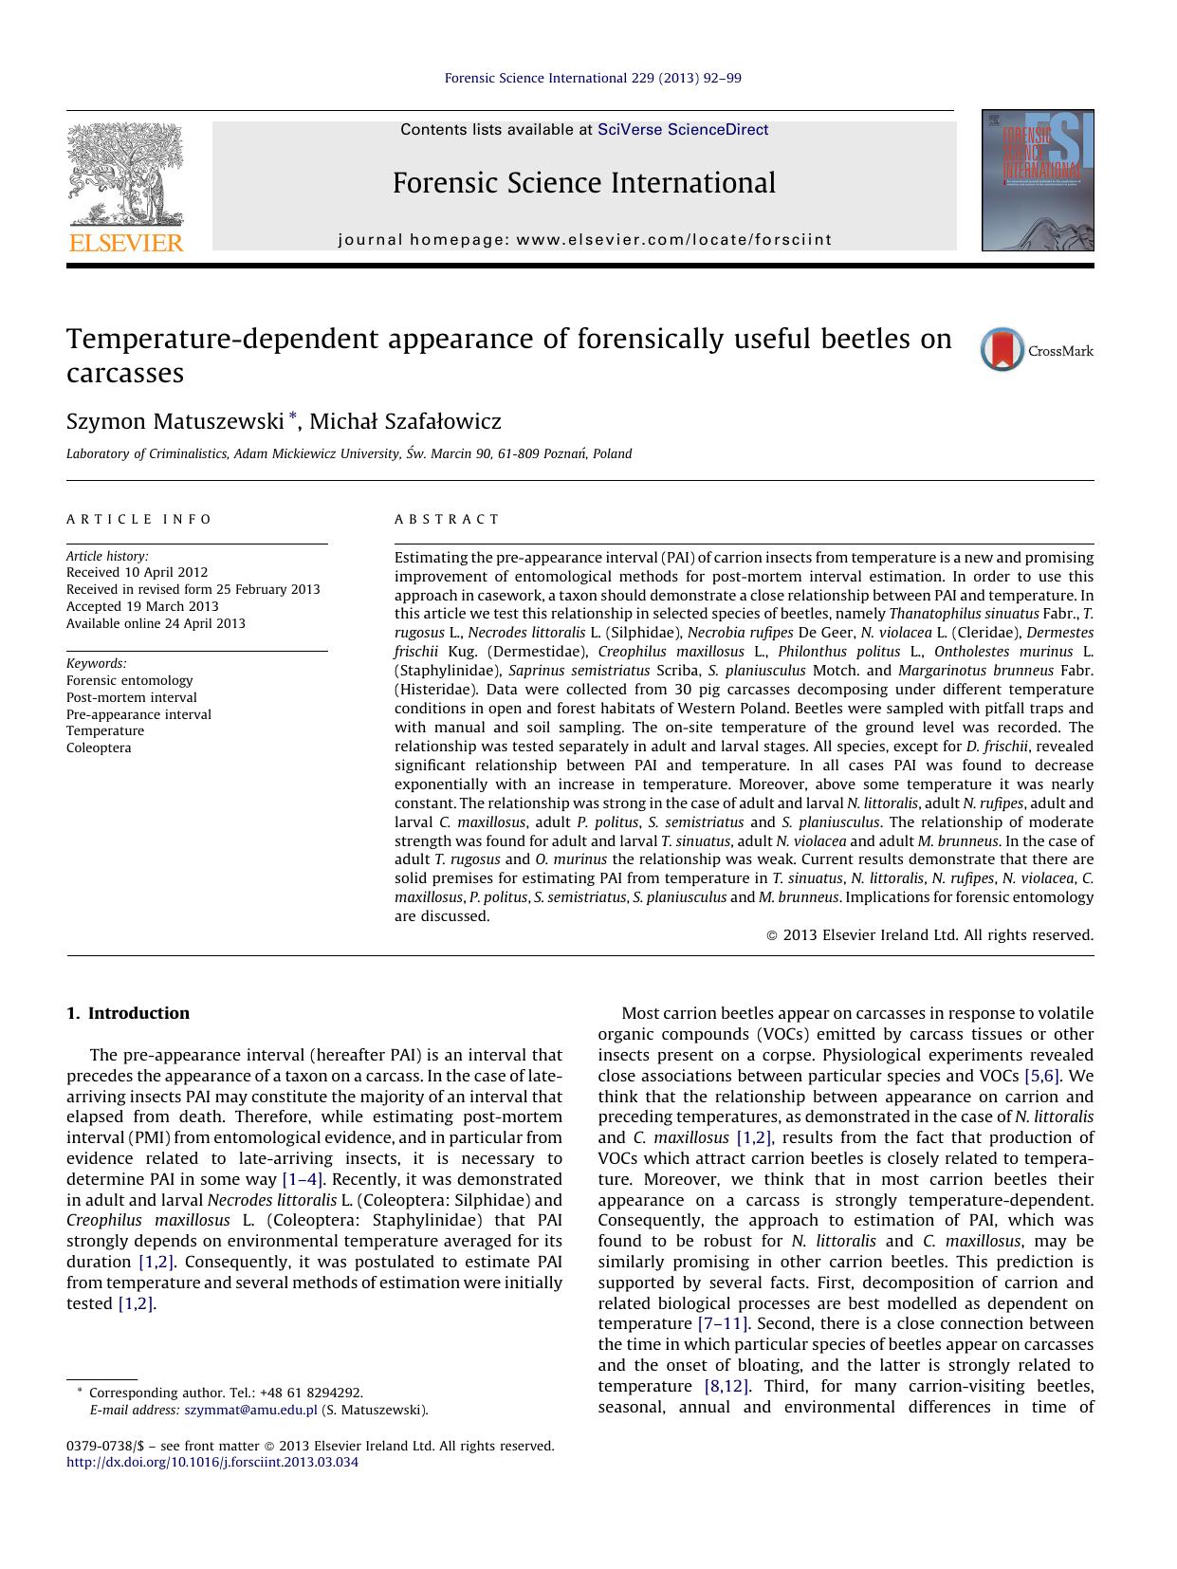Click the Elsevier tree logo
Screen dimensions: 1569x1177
click(x=125, y=175)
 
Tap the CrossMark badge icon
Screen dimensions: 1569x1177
click(x=1002, y=349)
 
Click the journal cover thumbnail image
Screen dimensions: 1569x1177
click(x=1037, y=180)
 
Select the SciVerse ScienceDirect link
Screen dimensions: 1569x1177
click(x=682, y=130)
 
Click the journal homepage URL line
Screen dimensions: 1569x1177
click(x=584, y=240)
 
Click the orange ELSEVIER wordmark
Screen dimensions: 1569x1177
click(x=125, y=243)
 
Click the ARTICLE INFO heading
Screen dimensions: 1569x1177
click(x=139, y=519)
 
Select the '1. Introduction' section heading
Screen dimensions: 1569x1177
click(x=128, y=1013)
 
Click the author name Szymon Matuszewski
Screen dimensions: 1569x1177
click(x=175, y=421)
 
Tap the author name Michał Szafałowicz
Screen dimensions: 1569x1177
click(x=405, y=421)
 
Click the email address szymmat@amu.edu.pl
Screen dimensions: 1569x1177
click(x=250, y=1410)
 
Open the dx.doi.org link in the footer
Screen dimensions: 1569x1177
click(x=212, y=1462)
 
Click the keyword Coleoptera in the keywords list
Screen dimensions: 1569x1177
click(x=99, y=748)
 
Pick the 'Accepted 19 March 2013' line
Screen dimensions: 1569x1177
click(x=142, y=606)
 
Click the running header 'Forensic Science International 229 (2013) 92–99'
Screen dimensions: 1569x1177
click(x=593, y=78)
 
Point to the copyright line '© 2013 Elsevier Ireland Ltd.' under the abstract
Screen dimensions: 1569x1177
click(x=929, y=935)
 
